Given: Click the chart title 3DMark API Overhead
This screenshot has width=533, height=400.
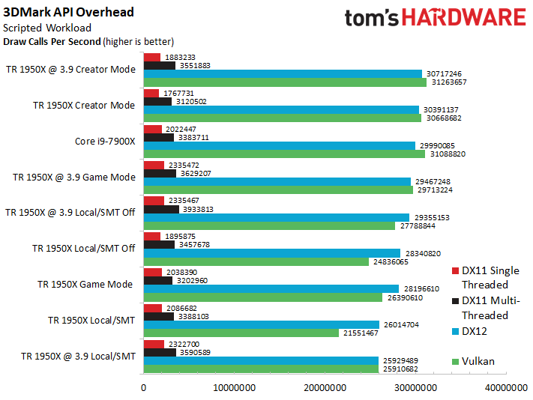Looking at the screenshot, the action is pos(68,12).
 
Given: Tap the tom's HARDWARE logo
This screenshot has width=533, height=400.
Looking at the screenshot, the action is pos(436,18).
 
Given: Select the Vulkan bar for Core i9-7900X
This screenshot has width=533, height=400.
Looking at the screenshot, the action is pos(284,154).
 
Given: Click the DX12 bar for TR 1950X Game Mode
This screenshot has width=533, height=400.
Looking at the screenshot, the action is pos(271,289).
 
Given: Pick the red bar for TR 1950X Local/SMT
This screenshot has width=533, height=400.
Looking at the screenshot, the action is pos(153,309).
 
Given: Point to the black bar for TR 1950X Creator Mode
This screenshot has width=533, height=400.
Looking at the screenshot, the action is pos(157,102).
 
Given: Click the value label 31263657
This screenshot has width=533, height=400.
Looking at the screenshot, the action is pos(449,82).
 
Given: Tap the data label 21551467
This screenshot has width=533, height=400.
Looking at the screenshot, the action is pos(361,333).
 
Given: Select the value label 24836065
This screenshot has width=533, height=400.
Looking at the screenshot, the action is pos(391,262).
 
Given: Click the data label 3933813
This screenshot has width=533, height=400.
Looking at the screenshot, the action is pos(198,210).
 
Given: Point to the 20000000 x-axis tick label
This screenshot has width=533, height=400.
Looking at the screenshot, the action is pos(325,388).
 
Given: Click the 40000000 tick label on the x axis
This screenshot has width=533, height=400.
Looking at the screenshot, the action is pos(506,388).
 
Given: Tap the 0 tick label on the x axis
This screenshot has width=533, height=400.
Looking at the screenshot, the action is pos(143,388).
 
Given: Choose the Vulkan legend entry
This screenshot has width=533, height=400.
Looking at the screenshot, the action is pos(473,361).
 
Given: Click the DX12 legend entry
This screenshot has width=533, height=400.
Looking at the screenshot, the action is pos(469,331).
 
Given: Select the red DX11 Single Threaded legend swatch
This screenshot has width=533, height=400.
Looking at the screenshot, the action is pos(455,270).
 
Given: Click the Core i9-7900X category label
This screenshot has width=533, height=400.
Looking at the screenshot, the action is pos(105,142).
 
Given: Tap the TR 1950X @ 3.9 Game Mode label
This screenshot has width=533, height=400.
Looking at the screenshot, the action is pos(74,178).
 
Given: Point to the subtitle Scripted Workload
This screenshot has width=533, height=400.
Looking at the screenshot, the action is pos(47,28).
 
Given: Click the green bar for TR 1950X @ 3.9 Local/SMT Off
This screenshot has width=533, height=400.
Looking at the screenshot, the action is pos(269,225).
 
